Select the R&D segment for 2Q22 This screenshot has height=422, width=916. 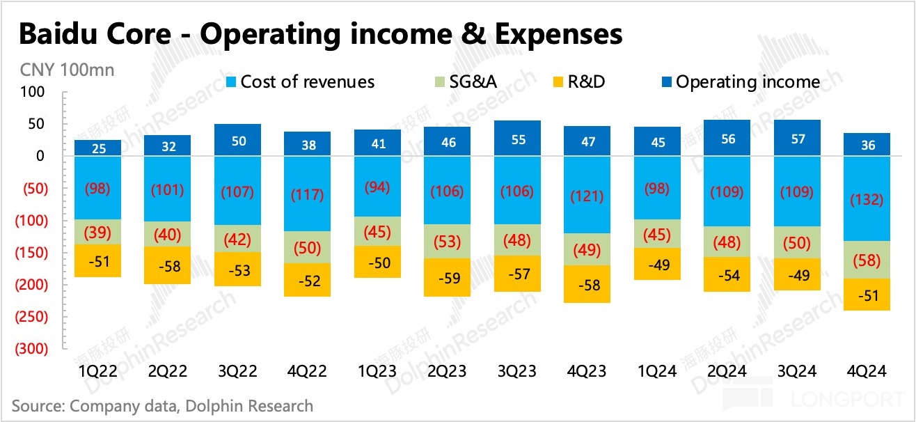click(167, 265)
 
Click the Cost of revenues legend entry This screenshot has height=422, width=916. click(299, 82)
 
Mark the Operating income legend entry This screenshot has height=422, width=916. click(739, 82)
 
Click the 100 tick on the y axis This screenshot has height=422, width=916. click(33, 92)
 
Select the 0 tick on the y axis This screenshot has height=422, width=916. click(40, 156)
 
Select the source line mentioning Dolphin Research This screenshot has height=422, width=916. click(162, 405)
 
